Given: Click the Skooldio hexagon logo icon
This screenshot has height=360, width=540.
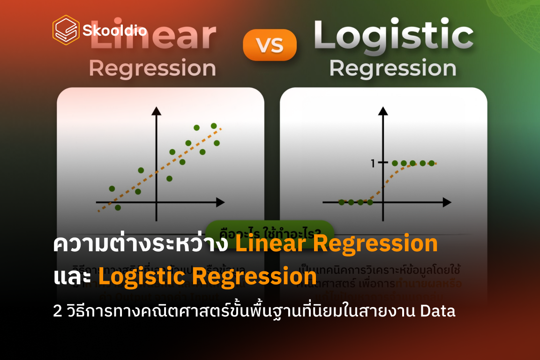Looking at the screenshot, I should point(66,30).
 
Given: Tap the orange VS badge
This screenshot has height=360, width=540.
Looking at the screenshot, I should point(270,45).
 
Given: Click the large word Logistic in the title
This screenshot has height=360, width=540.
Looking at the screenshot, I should point(393,37).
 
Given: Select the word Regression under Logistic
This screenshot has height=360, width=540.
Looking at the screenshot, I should point(393,68).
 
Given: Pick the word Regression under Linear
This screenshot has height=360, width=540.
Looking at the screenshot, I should point(152,68).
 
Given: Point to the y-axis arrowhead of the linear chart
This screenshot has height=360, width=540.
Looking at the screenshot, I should point(157,111).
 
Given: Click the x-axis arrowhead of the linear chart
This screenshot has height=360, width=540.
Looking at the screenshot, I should point(220,202).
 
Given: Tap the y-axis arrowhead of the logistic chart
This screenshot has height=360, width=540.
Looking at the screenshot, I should point(383,111).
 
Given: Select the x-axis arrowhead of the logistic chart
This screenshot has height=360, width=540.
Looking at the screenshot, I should point(447,202).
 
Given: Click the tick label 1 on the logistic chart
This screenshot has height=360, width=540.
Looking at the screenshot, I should point(373,164).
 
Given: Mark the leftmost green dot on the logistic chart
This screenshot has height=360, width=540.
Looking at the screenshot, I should point(341,202).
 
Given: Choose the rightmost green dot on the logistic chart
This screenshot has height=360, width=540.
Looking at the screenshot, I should point(431,163).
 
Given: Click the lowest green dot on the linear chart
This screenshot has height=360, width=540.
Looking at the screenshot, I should point(118,207).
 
